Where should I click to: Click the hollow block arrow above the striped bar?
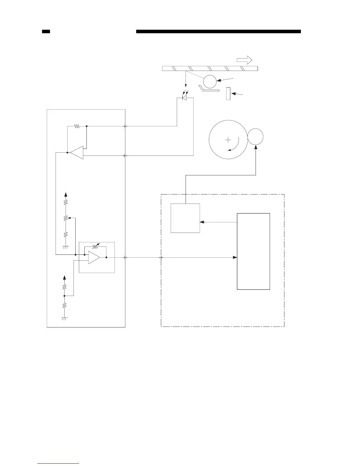pos(244,60)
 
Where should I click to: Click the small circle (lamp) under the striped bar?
pos(210,81)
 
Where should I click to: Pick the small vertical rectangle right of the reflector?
pos(228,94)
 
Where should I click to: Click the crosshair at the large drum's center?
pos(228,140)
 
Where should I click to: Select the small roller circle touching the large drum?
pos(255,137)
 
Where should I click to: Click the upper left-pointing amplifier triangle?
pos(77,153)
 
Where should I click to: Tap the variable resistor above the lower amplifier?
pos(95,246)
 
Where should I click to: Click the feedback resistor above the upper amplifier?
pos(77,127)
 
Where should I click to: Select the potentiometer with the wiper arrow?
pos(66,218)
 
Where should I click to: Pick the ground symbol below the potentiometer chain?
pos(66,247)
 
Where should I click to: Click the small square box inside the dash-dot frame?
pos(185,218)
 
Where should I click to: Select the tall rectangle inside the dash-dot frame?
pos(253,251)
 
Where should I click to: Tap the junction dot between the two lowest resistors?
pos(64,296)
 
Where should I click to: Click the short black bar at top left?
pos(46,31)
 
